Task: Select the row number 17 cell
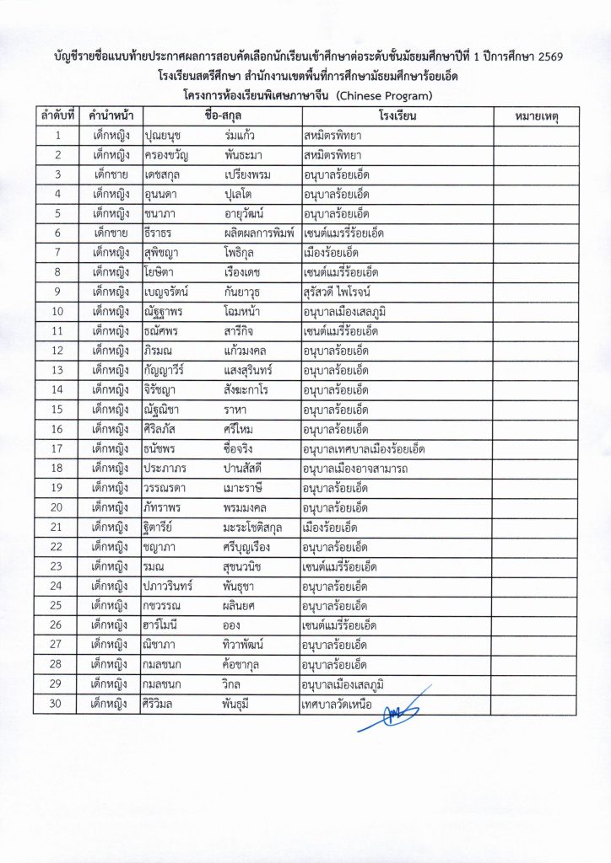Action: click(57, 449)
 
